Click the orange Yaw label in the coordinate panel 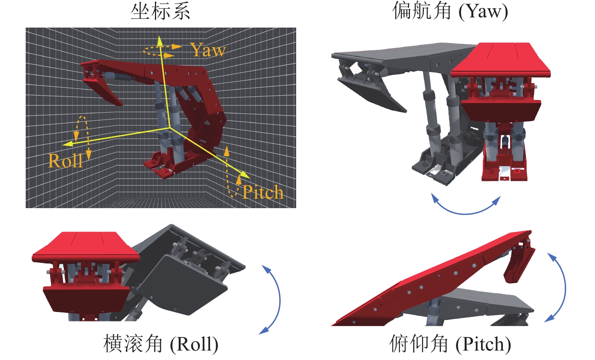[x=208, y=50]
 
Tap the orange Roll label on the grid [x=65, y=161]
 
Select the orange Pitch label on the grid [x=263, y=192]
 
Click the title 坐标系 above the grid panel [x=160, y=11]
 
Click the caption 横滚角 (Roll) [x=161, y=344]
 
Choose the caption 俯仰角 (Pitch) [x=450, y=344]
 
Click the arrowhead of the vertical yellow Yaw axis [x=160, y=39]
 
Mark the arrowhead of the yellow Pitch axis [x=246, y=175]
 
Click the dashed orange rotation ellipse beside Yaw [x=159, y=51]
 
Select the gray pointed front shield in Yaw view [x=372, y=93]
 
